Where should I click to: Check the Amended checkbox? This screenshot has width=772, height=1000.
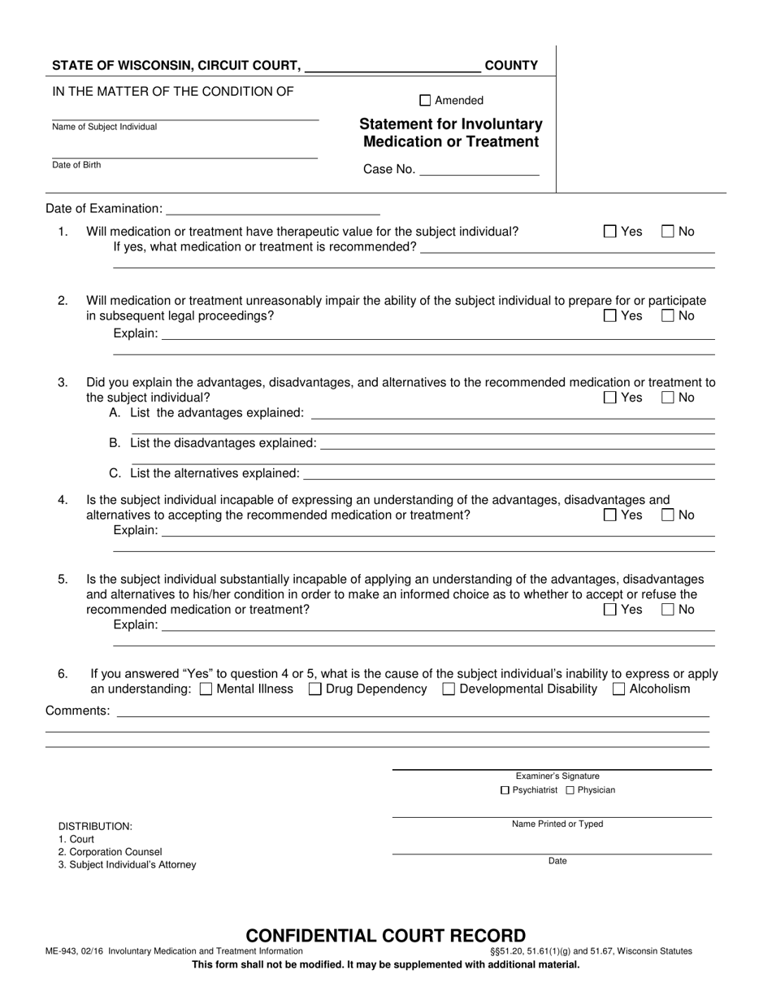425,101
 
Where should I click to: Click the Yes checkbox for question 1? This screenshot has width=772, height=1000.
610,232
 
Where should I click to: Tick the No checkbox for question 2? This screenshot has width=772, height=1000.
668,316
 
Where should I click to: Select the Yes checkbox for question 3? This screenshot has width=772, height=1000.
610,398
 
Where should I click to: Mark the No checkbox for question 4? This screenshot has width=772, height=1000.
668,515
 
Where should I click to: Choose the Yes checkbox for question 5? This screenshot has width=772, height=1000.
610,610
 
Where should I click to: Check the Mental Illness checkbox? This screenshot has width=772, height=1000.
206,689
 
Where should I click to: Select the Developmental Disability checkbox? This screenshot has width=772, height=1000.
449,689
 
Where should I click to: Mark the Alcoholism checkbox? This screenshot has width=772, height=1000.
618,689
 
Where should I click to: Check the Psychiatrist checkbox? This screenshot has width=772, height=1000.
505,790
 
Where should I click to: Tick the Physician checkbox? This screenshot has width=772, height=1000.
570,790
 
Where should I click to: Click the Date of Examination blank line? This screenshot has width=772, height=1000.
272,209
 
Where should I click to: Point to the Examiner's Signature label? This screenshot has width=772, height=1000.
557,776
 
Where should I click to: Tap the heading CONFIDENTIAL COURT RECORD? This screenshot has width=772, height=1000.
386,936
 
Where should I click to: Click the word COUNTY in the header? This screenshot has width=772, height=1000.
511,66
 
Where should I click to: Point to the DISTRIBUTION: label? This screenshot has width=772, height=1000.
95,826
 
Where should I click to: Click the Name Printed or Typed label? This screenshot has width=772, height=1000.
557,824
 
